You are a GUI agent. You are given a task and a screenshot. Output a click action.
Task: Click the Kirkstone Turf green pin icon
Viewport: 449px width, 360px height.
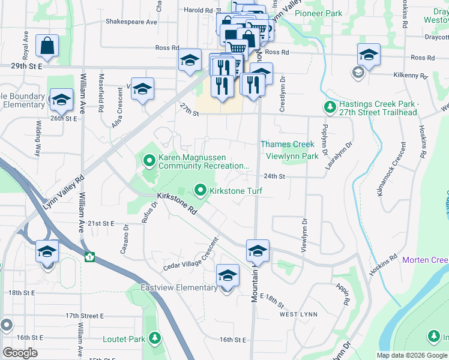(x=201, y=191)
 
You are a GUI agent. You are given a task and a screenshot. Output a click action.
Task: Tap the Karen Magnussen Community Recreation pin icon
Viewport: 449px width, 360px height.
(x=149, y=160)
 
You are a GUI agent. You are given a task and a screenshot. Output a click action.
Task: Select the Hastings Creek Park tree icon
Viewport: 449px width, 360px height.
(x=329, y=107)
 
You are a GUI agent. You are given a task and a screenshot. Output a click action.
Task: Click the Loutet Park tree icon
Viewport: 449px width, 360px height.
(x=155, y=339)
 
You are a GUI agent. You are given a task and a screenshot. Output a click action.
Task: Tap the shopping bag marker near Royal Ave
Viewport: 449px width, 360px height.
(x=47, y=46)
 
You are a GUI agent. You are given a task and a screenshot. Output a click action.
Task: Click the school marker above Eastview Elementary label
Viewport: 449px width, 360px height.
(x=227, y=276)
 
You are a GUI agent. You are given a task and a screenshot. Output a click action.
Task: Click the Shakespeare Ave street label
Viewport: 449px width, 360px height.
(x=131, y=22)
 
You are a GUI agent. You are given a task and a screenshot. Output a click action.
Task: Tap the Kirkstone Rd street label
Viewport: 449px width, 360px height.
(x=177, y=204)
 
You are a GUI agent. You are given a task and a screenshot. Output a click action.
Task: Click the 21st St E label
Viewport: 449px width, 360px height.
(x=100, y=223)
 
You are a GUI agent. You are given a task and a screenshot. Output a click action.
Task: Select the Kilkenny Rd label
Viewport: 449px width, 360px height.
(x=410, y=76)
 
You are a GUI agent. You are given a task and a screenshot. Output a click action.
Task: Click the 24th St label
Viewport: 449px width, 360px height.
(x=273, y=176)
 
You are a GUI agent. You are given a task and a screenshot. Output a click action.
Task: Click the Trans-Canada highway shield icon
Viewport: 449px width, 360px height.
(x=89, y=257)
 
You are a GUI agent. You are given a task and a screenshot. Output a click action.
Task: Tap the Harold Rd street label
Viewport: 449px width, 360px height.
(x=199, y=10)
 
